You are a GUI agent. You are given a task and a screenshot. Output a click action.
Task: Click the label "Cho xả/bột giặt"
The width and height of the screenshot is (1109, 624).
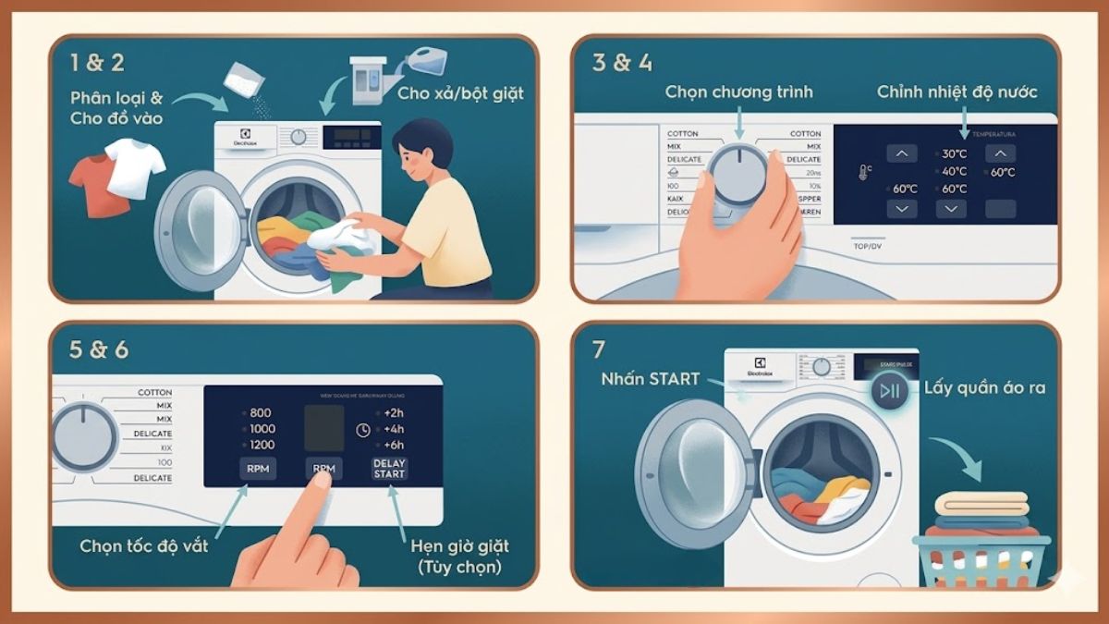click(460, 93)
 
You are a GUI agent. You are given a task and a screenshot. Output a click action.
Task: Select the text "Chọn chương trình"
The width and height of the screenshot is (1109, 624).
click(739, 92)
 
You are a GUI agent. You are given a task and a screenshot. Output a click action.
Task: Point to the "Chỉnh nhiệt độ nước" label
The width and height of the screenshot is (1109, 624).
click(957, 92)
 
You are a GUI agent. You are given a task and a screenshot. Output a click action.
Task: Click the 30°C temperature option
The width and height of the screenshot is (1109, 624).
click(953, 154)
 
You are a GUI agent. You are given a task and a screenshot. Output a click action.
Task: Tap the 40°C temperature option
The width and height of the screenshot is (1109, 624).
click(953, 172)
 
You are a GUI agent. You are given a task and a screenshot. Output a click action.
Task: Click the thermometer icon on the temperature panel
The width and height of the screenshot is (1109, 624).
click(864, 172)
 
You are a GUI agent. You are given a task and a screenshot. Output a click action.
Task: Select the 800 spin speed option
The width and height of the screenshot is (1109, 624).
click(261, 413)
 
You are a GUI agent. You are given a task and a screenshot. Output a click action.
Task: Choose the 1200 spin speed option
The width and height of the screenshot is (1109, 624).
click(262, 446)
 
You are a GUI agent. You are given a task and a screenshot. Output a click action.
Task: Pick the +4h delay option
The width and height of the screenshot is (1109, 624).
click(393, 430)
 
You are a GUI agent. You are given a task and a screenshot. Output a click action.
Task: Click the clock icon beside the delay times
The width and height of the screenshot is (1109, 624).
click(362, 431)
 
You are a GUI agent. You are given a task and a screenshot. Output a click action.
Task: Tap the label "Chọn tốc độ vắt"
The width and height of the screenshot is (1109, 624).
click(144, 545)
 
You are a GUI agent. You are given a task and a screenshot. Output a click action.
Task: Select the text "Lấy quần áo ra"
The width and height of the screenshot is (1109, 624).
click(984, 388)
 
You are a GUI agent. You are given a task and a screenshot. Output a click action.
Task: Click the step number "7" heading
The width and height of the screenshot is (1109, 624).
click(599, 350)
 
